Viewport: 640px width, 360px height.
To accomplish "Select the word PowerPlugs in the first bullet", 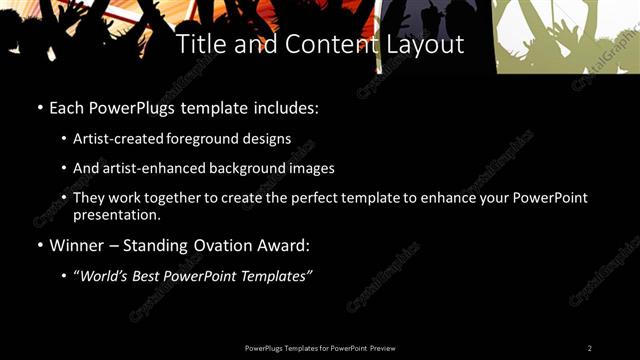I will (x=120, y=106).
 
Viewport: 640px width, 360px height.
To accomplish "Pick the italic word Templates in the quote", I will (x=279, y=276).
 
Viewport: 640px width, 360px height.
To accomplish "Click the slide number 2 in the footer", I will (x=590, y=347).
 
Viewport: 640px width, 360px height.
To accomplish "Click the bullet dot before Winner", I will (x=40, y=245).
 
